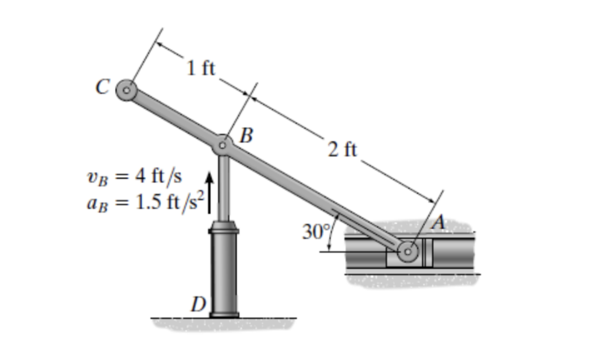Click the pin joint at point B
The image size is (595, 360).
coord(222,145)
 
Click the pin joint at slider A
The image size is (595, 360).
coord(408,251)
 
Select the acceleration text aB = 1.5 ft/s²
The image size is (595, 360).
coord(143,202)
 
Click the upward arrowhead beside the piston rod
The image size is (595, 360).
coord(208,178)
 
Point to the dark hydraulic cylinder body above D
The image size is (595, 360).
coord(224,271)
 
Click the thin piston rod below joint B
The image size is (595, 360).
coord(223,186)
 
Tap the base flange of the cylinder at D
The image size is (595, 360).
coord(224,314)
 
